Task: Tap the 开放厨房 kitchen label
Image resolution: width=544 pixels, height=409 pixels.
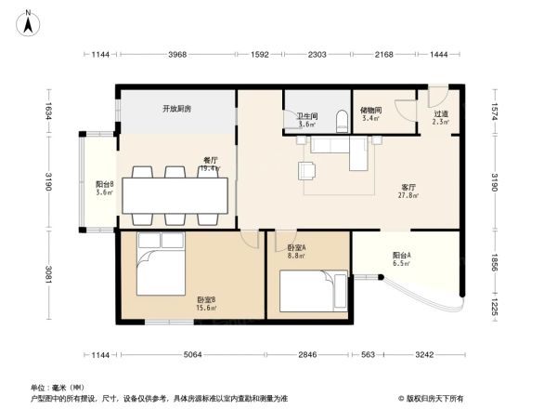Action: [176, 109]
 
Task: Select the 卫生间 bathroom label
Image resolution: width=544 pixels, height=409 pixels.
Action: [305, 117]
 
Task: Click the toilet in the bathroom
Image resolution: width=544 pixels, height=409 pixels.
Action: [341, 119]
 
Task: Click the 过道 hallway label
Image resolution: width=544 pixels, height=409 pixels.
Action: [440, 116]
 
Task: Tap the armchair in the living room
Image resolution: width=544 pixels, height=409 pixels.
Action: [306, 170]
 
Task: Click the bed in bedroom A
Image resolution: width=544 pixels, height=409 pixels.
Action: [314, 292]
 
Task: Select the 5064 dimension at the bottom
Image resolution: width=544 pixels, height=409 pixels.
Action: [193, 355]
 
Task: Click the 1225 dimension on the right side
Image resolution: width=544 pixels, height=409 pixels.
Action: [495, 306]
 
